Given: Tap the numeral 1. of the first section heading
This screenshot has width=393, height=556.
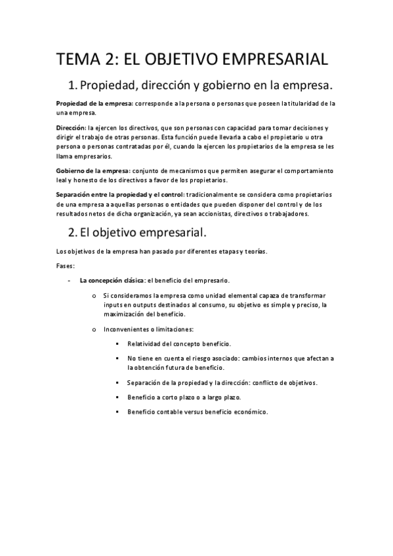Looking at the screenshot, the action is [73, 87].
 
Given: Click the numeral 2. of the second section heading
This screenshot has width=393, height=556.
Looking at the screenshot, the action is [73, 231].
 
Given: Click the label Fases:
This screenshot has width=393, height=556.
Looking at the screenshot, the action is [66, 266].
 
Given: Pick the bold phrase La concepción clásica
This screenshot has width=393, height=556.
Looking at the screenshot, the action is [112, 279].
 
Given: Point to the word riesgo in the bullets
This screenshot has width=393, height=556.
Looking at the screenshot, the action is [207, 359].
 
